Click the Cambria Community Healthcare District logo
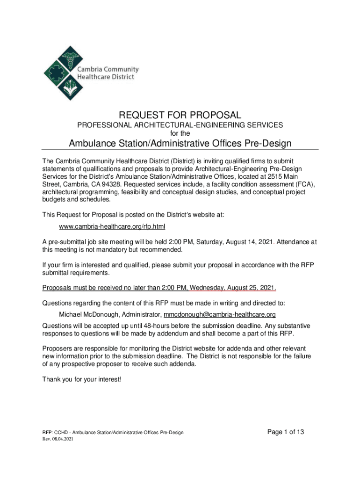[x=91, y=73]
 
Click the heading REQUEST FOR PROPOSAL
[x=180, y=115]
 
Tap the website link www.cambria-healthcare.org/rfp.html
[x=112, y=226]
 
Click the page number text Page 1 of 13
[x=286, y=432]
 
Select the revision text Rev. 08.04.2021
[x=58, y=439]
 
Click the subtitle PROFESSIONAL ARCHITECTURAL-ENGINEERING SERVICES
[x=180, y=126]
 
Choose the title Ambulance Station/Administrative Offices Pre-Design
[x=180, y=143]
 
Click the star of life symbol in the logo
[x=54, y=74]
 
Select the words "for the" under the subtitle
[x=180, y=133]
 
